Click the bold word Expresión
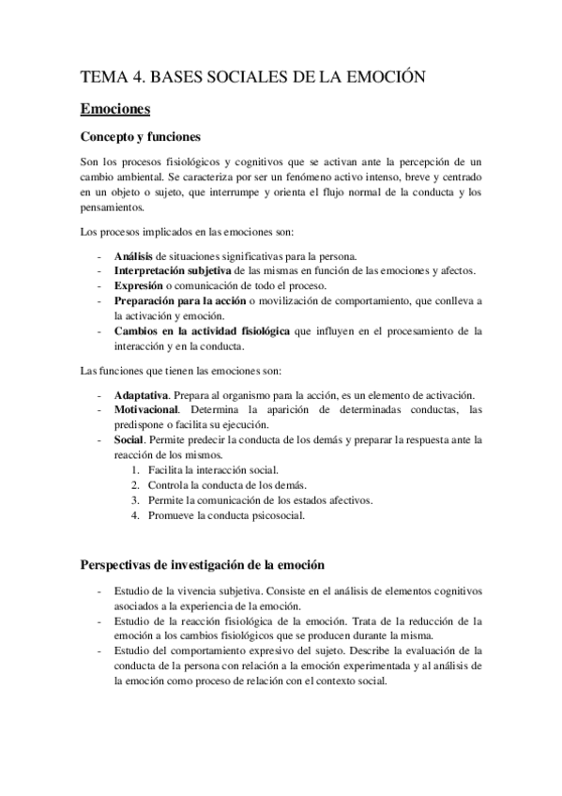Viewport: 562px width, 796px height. click(x=139, y=285)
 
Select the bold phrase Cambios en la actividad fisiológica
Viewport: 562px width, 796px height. click(x=202, y=330)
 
